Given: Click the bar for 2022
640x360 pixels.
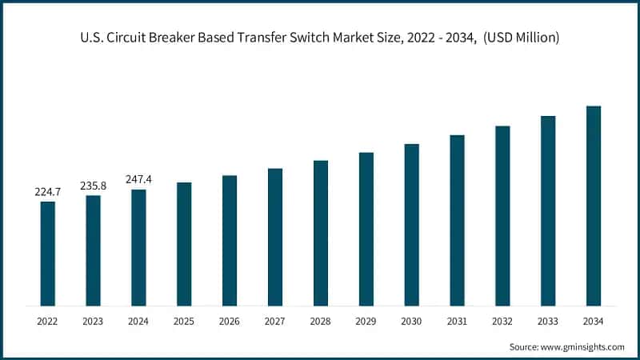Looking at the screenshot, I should click(x=48, y=254).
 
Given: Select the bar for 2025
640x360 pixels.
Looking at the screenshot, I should click(x=184, y=244).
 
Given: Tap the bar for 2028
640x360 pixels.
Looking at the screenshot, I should click(x=321, y=233).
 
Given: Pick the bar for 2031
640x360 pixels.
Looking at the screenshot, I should click(x=457, y=220).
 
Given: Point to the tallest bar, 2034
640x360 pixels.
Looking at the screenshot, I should click(x=594, y=206).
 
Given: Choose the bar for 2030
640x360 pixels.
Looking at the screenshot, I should click(x=412, y=225).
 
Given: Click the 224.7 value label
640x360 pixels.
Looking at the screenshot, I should click(x=48, y=192).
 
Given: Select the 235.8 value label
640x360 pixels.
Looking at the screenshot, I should click(x=94, y=186).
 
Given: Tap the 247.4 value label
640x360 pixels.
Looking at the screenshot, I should click(x=139, y=180).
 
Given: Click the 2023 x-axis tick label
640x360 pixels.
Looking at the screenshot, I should click(x=94, y=321).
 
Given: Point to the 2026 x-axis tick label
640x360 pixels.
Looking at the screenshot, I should click(x=230, y=321).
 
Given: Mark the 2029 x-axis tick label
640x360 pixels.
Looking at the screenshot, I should click(x=366, y=321).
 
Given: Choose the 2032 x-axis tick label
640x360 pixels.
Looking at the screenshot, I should click(x=502, y=321).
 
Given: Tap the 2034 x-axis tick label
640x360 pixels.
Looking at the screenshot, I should click(x=594, y=321).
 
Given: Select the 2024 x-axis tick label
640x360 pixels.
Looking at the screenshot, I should click(x=139, y=321).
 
